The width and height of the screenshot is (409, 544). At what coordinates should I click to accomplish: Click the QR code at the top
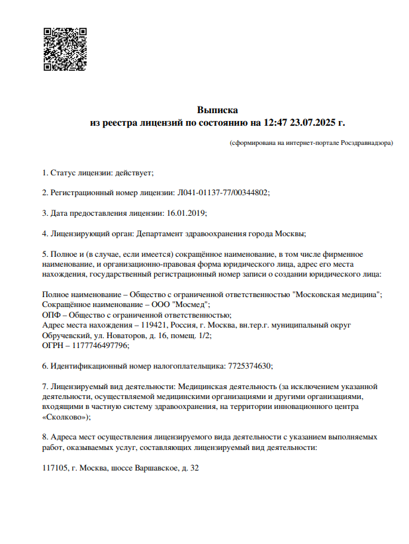(65, 49)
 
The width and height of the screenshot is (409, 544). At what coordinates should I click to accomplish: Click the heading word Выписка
(217, 110)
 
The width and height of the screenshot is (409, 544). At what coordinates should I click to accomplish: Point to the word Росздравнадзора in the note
(367, 142)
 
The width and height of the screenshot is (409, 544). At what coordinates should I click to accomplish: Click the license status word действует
(134, 173)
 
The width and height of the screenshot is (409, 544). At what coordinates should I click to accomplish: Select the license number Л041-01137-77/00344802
(222, 193)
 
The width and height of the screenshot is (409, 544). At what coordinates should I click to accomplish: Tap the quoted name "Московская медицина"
(336, 294)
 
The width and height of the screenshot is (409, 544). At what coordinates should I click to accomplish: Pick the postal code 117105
(54, 468)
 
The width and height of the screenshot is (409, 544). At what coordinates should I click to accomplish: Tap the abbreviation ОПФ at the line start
(50, 314)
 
